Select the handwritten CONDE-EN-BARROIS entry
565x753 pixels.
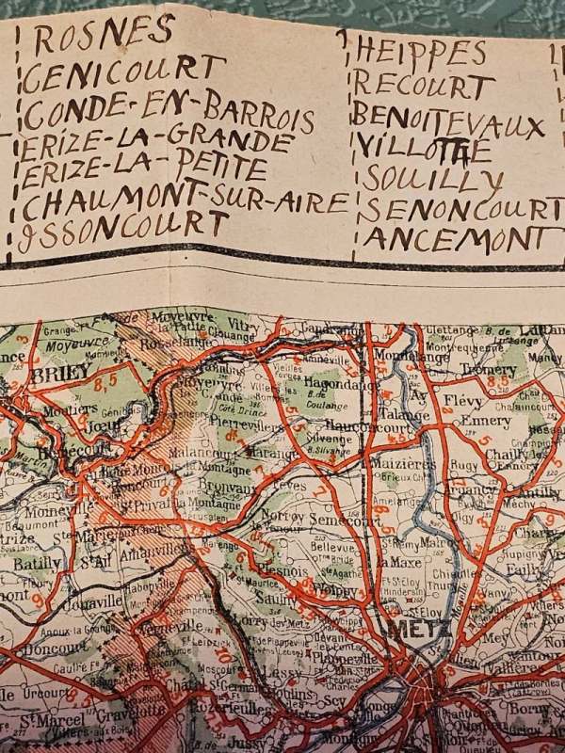tap(168, 114)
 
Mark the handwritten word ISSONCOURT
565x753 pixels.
tap(122, 226)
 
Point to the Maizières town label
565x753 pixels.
tap(402, 462)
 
